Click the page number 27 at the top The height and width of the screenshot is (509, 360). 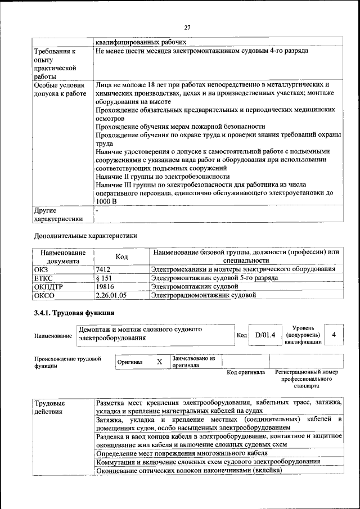coord(187,27)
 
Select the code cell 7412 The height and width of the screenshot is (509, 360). coord(103,269)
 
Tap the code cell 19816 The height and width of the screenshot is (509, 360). coord(105,286)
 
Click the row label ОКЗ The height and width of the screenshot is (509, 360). coord(42,269)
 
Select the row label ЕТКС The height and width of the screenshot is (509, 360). coord(43,278)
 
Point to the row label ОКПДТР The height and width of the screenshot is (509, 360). coord(48,286)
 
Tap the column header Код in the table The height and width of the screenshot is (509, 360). coord(121,256)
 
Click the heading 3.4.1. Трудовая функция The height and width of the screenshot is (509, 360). coord(74,313)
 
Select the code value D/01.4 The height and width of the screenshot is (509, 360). coord(264,335)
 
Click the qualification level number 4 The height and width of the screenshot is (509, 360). coord(334,335)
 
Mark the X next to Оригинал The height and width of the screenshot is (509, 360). coord(159,362)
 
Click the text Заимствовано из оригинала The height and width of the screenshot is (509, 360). coord(193,361)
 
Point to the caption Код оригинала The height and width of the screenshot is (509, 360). coord(246,372)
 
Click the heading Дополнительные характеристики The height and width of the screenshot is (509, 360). coord(85,235)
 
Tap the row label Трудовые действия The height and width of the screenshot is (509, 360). coord(49,408)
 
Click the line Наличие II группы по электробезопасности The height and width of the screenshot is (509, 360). coord(163,176)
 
